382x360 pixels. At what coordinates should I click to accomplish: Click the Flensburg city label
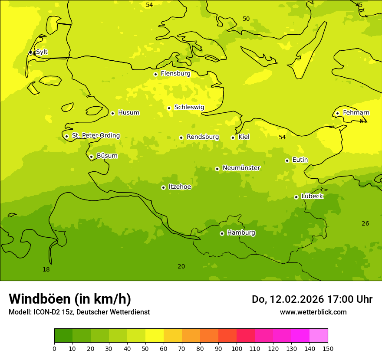[175, 74]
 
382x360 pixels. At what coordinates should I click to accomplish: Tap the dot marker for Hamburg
[222, 233]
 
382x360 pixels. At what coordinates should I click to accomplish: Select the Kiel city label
[244, 137]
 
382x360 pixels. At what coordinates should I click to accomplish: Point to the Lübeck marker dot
[296, 197]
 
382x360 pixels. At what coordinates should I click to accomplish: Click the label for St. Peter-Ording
[96, 136]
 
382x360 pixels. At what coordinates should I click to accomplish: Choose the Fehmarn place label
[356, 113]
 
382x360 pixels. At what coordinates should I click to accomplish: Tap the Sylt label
[42, 52]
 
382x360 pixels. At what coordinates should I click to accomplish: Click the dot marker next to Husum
[112, 113]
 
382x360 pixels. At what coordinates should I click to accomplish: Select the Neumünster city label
[241, 168]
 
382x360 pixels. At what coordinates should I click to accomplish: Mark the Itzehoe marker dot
[163, 187]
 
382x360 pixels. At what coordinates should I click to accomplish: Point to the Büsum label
[107, 156]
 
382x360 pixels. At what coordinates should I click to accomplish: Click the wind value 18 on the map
[46, 270]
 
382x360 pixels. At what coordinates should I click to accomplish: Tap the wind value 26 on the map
[366, 224]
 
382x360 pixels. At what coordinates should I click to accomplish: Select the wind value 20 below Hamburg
[181, 267]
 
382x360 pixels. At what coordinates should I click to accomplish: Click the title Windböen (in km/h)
[70, 299]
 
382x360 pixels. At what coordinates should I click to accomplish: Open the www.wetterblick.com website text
[313, 312]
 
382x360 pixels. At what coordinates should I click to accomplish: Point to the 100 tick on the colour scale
[237, 348]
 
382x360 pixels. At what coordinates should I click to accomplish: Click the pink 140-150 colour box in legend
[319, 336]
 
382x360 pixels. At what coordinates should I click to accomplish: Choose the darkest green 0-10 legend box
[63, 336]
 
